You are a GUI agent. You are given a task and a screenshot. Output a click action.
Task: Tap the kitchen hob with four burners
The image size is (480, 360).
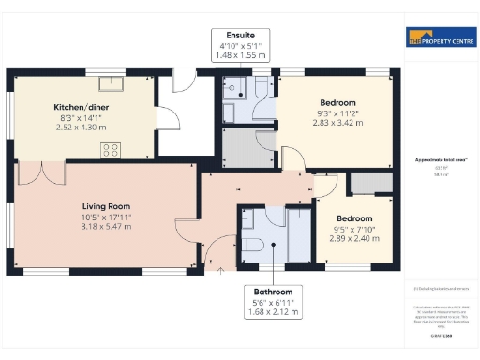tap(110, 147)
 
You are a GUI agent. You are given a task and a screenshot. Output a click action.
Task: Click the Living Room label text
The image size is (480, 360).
tap(105, 206)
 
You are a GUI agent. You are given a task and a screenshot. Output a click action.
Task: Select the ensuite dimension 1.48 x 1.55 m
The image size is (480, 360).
tap(239, 55)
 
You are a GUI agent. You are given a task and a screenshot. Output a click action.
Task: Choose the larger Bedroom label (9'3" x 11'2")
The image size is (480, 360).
tap(337, 102)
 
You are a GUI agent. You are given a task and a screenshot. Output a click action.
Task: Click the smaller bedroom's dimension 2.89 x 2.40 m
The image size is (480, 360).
tap(356, 239)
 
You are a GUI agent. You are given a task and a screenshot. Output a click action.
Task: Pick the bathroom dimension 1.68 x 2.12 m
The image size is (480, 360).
tap(272, 312)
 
